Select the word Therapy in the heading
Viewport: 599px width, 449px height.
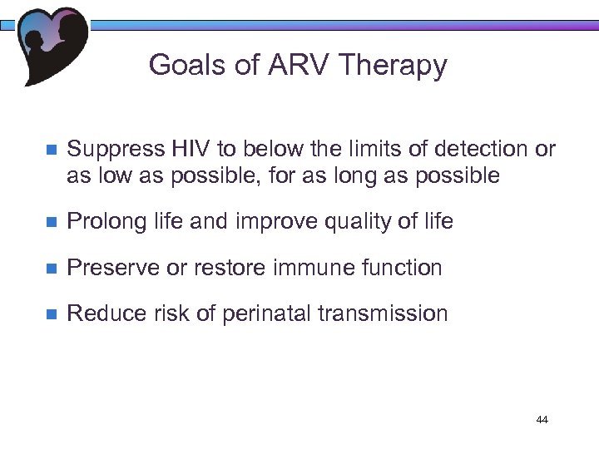(x=397, y=66)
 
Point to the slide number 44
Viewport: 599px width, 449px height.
(x=542, y=420)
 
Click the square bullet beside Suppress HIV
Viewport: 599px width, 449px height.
(x=49, y=150)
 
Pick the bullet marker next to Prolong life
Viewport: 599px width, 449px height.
(x=49, y=222)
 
